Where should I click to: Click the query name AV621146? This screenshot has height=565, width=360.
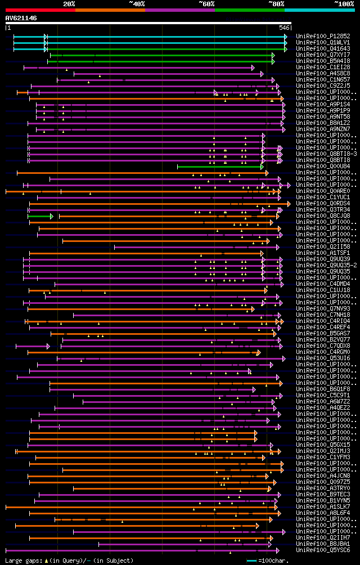tap(21, 18)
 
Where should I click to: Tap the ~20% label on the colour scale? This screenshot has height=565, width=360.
tap(69, 4)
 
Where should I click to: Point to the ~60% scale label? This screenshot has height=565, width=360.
tap(206, 4)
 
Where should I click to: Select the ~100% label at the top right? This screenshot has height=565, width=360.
tap(344, 4)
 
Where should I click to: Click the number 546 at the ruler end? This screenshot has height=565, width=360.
tap(284, 28)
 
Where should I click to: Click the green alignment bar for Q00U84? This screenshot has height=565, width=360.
tap(219, 167)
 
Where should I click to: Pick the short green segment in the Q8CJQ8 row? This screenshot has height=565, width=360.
tap(39, 216)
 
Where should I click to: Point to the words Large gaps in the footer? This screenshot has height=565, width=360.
tap(22, 560)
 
